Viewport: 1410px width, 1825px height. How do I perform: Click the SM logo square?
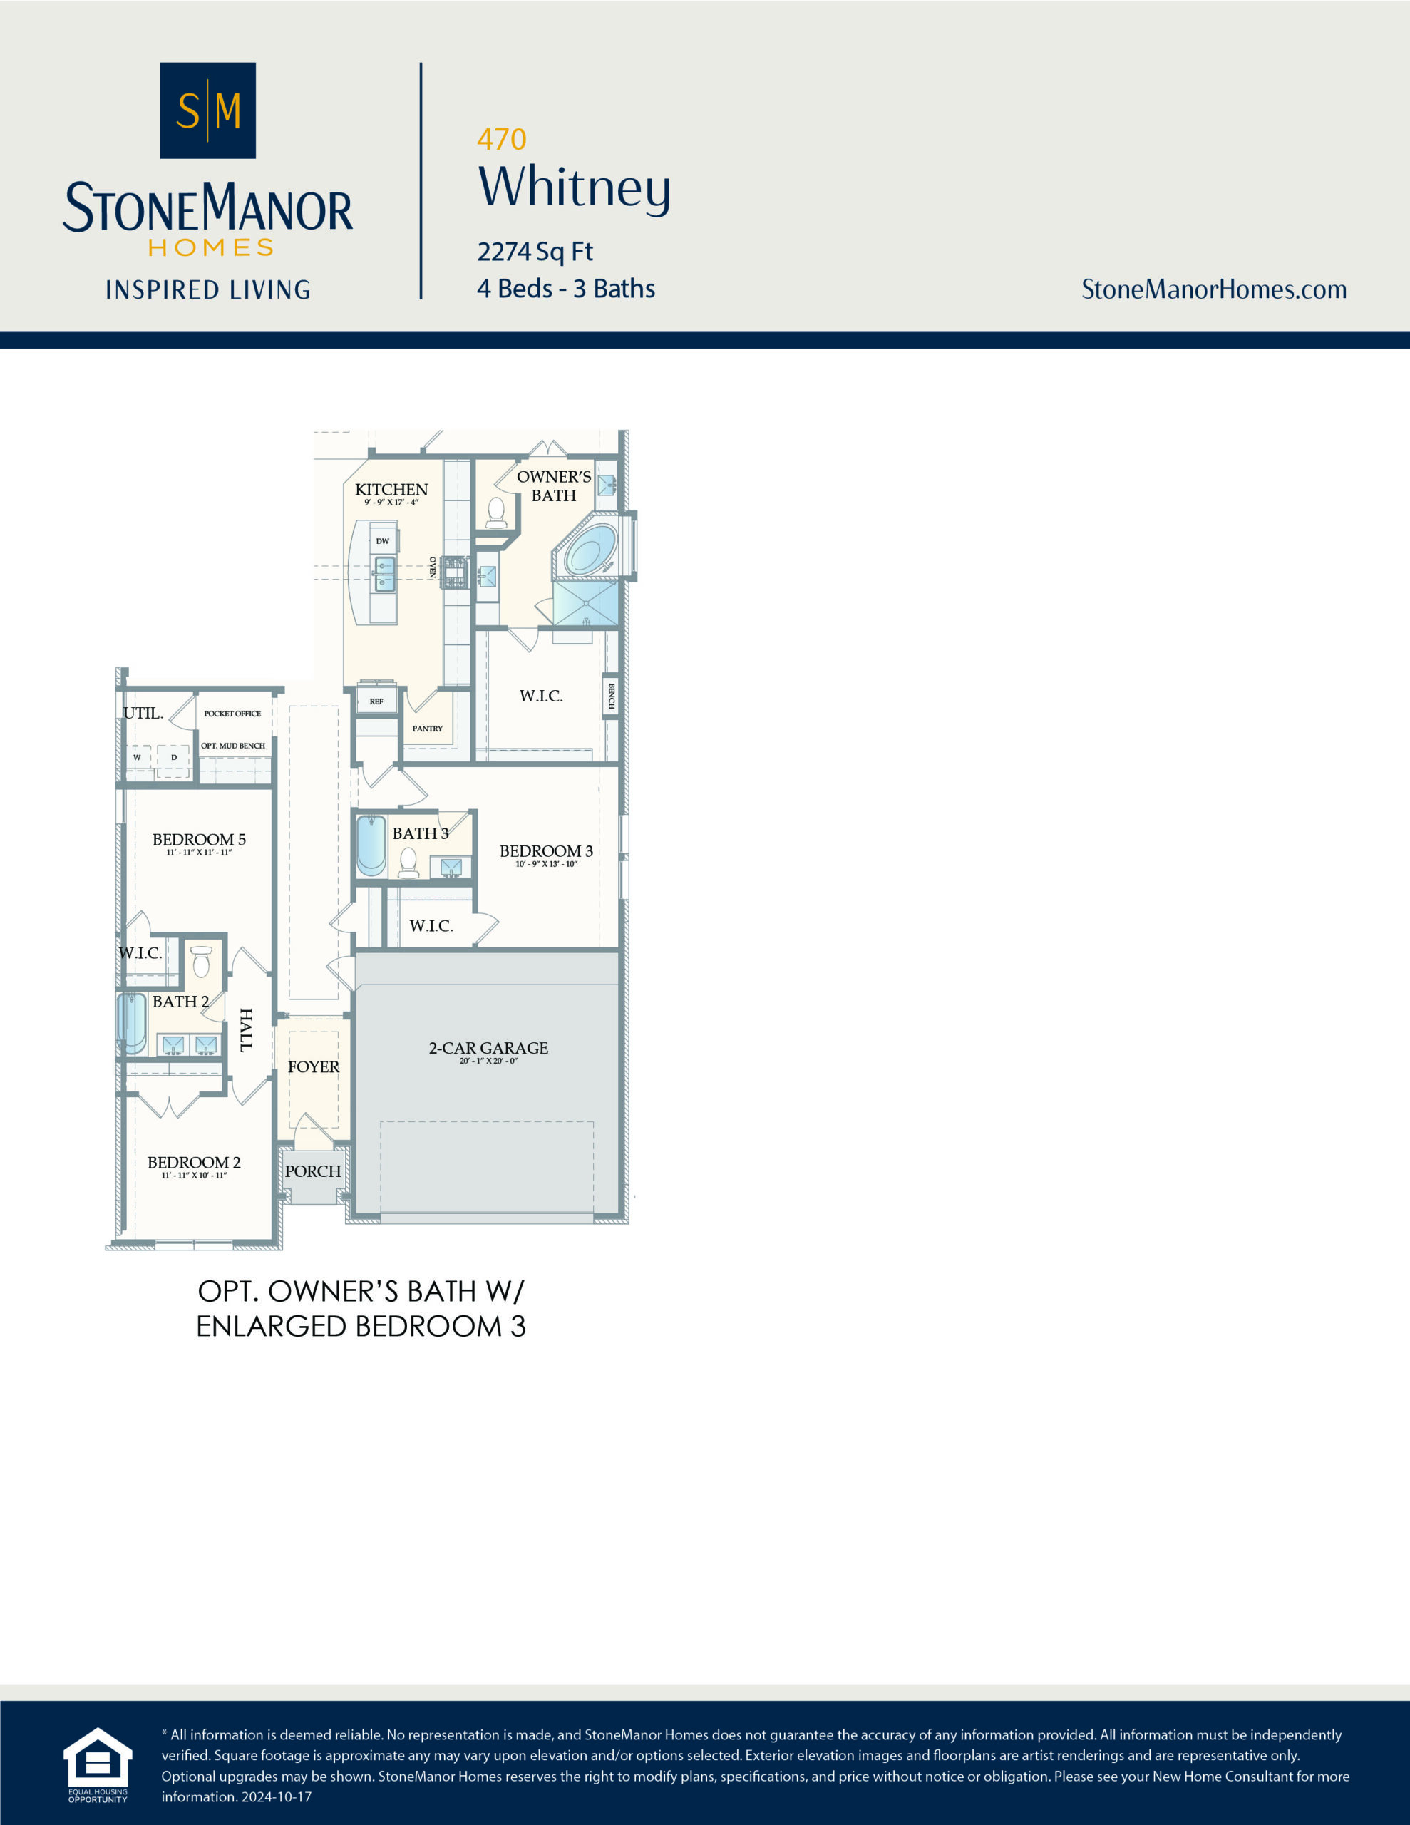pos(207,110)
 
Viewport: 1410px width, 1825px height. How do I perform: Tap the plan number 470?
pos(501,139)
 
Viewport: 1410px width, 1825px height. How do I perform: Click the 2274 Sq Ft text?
pos(535,251)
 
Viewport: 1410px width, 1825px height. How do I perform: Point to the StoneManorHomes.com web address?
pos(1213,289)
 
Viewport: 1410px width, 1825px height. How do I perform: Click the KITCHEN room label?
pos(391,490)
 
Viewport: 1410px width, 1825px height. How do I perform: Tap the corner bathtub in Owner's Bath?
pos(591,550)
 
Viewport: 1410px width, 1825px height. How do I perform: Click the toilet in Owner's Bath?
pos(496,511)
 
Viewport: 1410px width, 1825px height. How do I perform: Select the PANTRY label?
pos(427,729)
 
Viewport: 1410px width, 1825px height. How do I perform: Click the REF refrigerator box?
pos(377,700)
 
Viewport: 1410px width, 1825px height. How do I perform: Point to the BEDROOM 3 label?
pos(546,850)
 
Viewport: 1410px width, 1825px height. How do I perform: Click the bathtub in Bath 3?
pos(371,845)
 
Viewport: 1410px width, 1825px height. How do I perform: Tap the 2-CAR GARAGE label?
pos(488,1048)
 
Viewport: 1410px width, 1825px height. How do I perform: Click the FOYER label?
pos(314,1067)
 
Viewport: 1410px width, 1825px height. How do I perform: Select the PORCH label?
pos(313,1171)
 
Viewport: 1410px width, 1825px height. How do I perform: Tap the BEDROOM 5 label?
pos(199,839)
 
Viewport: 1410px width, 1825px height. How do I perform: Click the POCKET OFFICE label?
pos(232,714)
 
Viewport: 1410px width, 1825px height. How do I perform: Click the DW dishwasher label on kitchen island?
pos(383,540)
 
